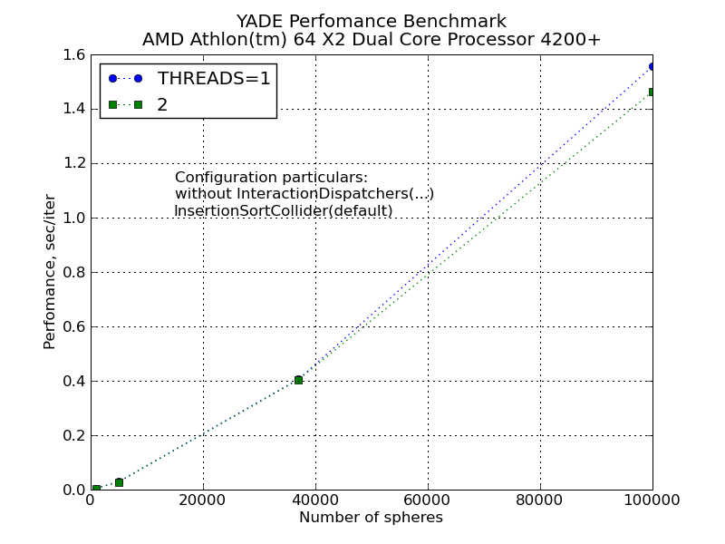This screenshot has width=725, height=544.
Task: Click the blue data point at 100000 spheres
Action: pyautogui.click(x=652, y=66)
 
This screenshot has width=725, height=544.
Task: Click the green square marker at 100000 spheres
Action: pyautogui.click(x=652, y=92)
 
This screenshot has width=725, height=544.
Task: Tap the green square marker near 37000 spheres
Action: pyautogui.click(x=298, y=380)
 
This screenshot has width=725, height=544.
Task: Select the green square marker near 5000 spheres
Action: pyautogui.click(x=119, y=482)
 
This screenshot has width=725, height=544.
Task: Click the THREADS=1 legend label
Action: pyautogui.click(x=214, y=78)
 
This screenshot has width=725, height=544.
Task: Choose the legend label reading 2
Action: pyautogui.click(x=162, y=105)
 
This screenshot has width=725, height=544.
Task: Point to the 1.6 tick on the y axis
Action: pyautogui.click(x=74, y=55)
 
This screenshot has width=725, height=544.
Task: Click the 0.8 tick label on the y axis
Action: pyautogui.click(x=74, y=273)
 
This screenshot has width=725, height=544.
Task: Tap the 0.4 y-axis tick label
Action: pyautogui.click(x=74, y=382)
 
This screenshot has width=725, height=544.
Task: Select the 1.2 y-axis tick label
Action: pyautogui.click(x=74, y=164)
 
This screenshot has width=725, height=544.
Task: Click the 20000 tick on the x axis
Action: pyautogui.click(x=203, y=500)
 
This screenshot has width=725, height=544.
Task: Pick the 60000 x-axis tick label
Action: pyautogui.click(x=428, y=500)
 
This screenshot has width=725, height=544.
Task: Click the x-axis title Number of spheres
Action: pyautogui.click(x=371, y=518)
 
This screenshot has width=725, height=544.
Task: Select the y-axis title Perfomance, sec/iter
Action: pyautogui.click(x=50, y=272)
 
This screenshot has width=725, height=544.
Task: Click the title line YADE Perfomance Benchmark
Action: pyautogui.click(x=371, y=21)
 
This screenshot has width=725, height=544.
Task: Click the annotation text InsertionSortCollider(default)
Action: pyautogui.click(x=284, y=211)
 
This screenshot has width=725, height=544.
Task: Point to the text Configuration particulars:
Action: pyautogui.click(x=271, y=177)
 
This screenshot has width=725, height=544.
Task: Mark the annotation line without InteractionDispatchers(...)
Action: pyautogui.click(x=304, y=194)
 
